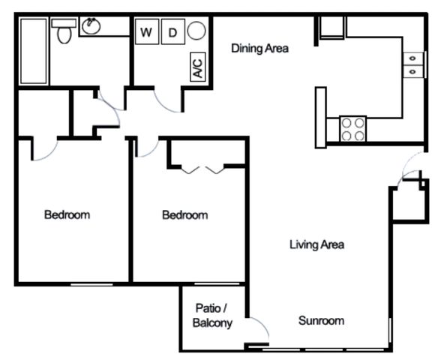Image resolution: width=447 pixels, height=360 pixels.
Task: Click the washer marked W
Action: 147,31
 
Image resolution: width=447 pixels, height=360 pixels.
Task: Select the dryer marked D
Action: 172,31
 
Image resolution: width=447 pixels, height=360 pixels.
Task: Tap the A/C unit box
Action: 198,67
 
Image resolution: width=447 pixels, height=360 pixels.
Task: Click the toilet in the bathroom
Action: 64,31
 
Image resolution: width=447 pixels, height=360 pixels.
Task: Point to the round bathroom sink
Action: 91,26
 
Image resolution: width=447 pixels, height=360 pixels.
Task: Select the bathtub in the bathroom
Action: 34,51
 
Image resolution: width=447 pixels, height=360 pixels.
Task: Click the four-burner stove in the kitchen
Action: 353,128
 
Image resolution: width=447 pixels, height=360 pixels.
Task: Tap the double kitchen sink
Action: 412,65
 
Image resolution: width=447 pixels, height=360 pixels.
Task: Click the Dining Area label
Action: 259,48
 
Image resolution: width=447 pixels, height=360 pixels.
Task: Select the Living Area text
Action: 316,244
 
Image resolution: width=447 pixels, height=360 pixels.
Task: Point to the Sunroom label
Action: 321,321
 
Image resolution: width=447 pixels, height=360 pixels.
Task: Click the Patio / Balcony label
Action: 212,316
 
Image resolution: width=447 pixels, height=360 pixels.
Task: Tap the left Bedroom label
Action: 67,214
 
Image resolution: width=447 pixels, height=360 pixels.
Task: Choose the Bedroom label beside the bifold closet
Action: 185,215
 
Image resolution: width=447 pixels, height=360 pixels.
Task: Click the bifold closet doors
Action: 202,170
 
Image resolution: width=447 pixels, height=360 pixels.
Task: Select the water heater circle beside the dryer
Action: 196,31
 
